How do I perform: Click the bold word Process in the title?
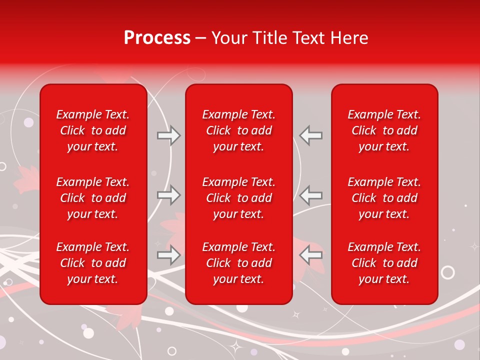(x=157, y=38)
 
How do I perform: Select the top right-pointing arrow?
(x=169, y=135)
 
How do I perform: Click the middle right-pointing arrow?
(x=169, y=195)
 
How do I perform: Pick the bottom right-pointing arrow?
(x=169, y=255)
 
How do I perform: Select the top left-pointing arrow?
(x=311, y=135)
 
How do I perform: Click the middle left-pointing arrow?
(x=311, y=195)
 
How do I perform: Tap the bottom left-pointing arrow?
(x=311, y=255)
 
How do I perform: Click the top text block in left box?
(x=93, y=130)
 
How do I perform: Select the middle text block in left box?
(x=93, y=198)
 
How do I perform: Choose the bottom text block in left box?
(x=93, y=263)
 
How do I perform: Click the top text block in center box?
(x=239, y=130)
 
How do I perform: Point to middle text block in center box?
(x=239, y=198)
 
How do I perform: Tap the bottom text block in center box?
(x=239, y=263)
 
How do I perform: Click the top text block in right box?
(x=384, y=130)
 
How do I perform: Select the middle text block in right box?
(x=384, y=198)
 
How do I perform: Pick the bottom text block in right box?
(x=384, y=263)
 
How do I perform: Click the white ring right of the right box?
(x=448, y=272)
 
